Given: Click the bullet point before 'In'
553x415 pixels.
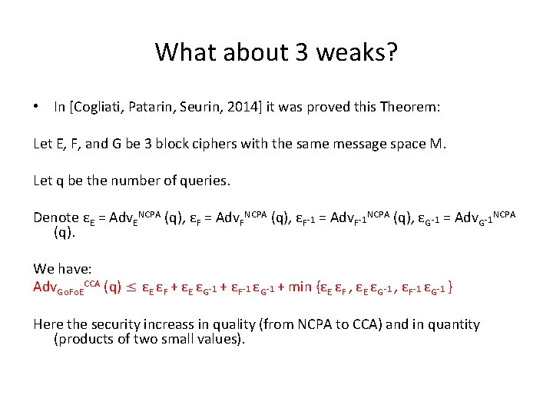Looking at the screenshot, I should point(37,108).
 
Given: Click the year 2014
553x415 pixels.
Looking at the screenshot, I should point(246,108).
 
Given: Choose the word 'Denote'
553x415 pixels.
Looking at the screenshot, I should point(56,217).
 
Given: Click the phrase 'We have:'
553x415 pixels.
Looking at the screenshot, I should point(62,269).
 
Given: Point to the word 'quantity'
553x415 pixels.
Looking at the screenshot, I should point(452,324).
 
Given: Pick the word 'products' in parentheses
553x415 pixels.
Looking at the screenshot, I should point(85,339).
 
